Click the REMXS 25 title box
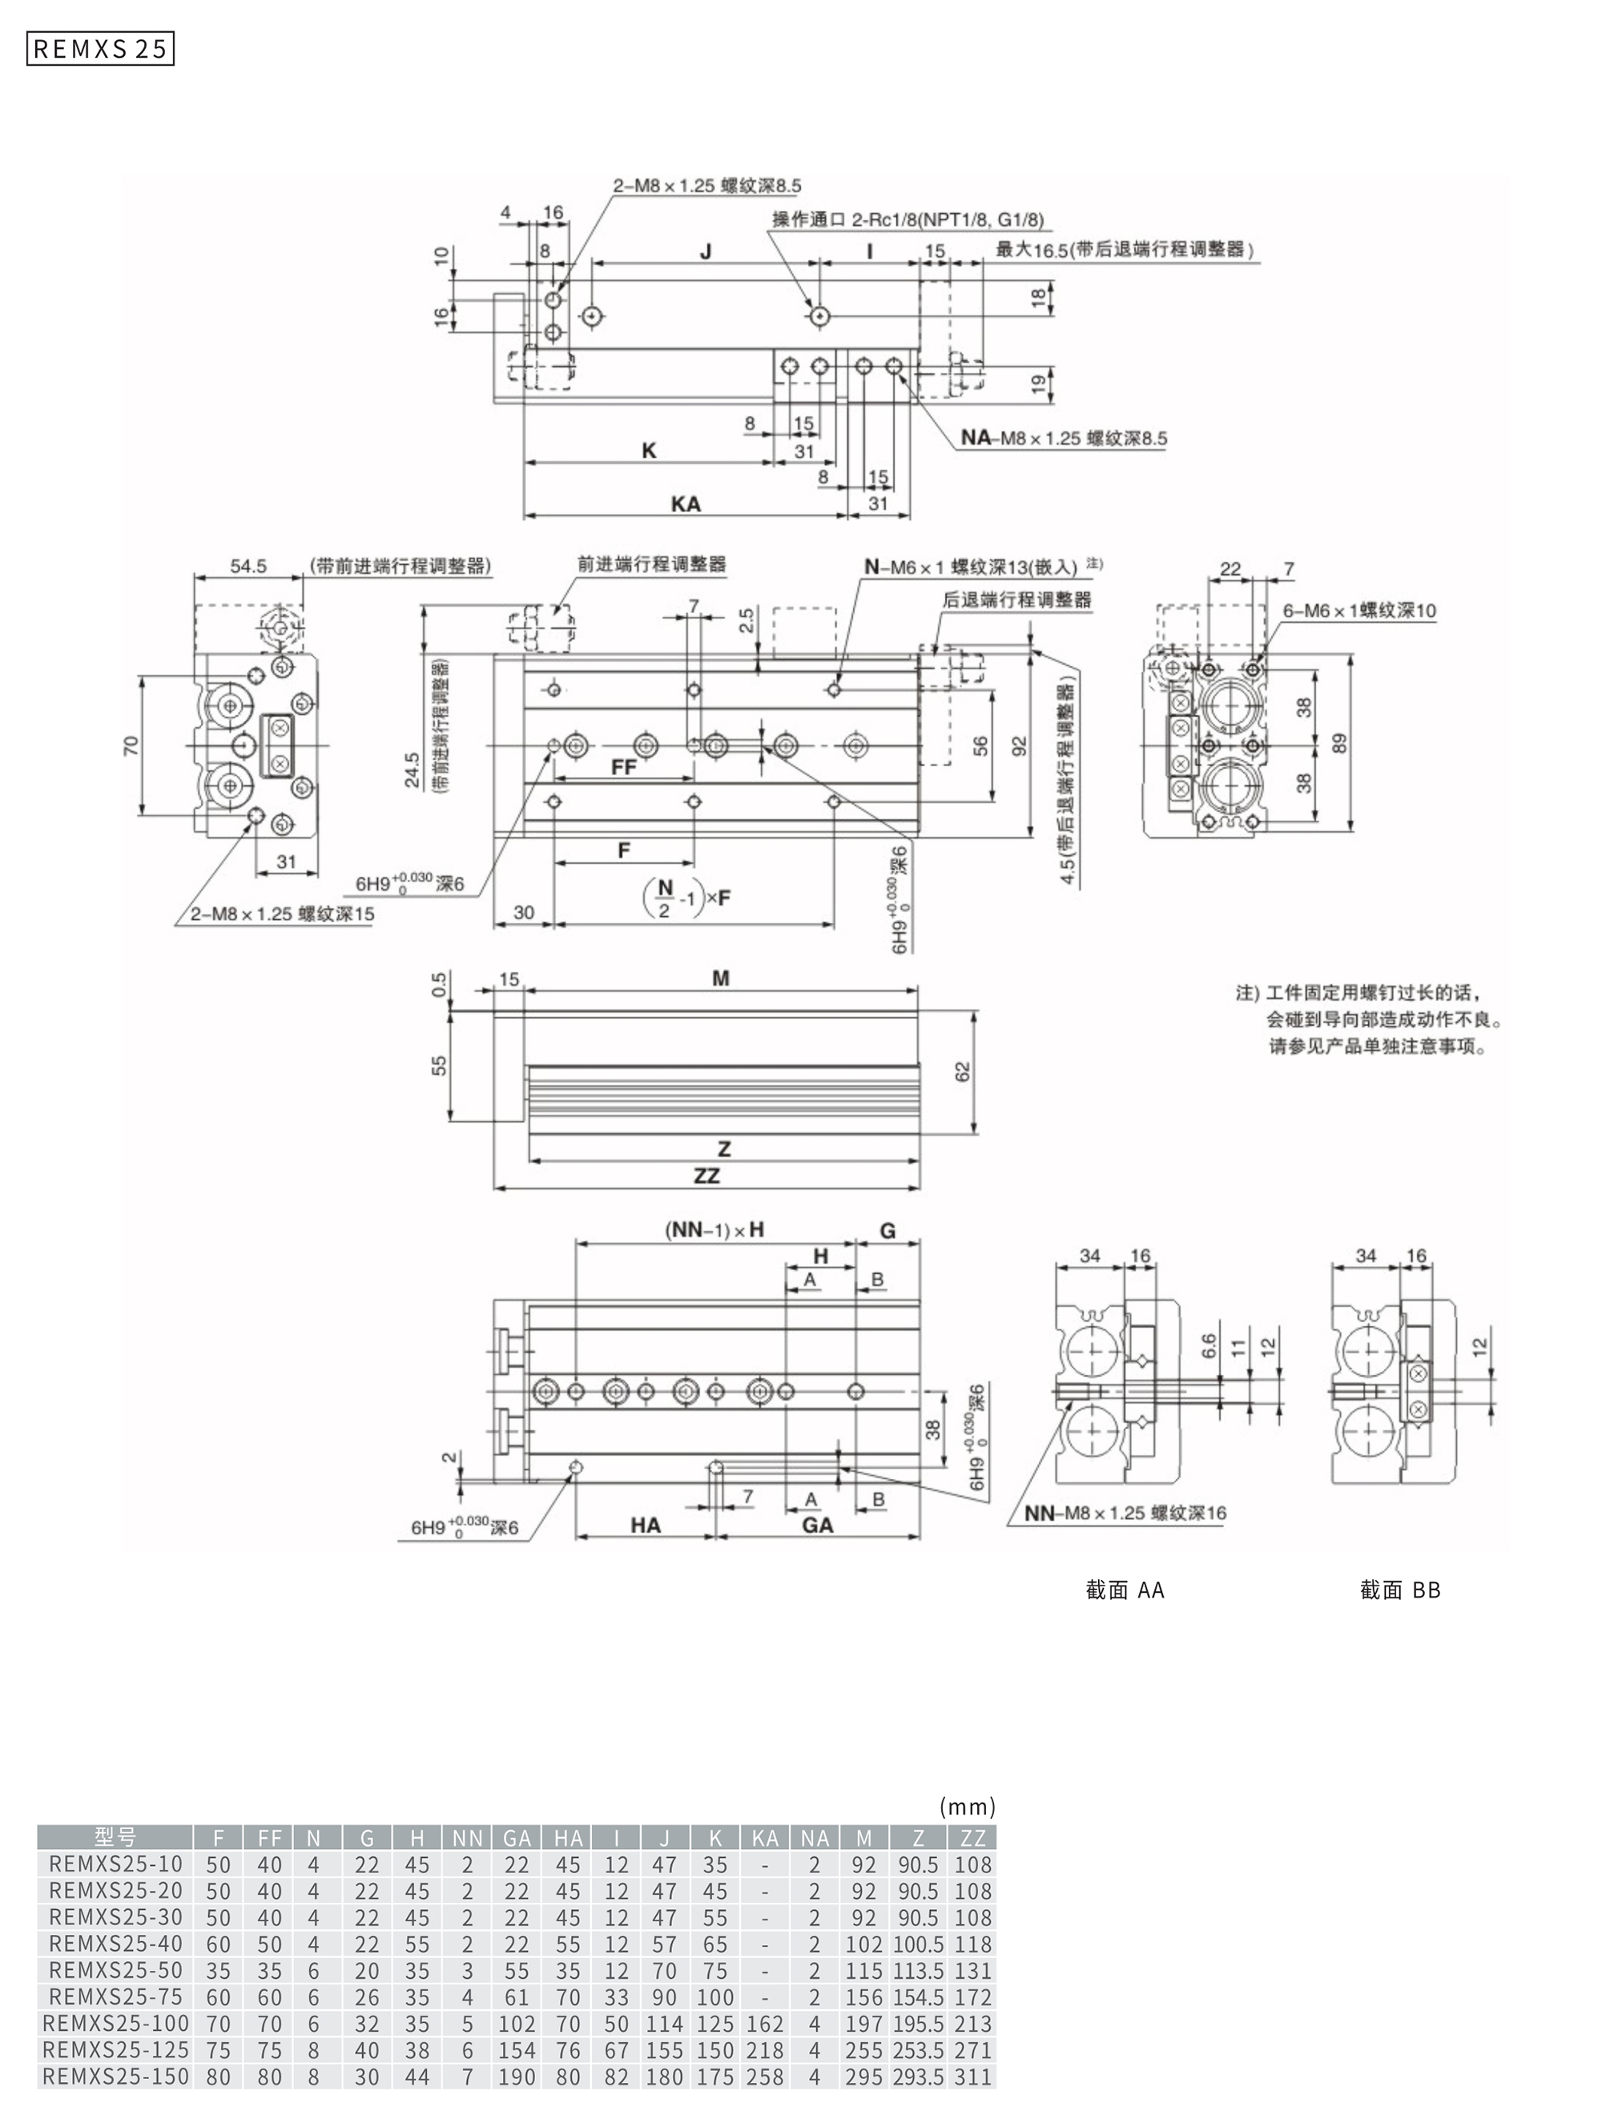(99, 49)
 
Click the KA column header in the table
(765, 1837)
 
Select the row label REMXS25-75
(115, 1997)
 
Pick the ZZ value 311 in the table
(972, 2077)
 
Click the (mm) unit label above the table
(968, 1807)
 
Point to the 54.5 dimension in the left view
(248, 566)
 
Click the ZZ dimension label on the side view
(706, 1176)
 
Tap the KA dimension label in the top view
(685, 504)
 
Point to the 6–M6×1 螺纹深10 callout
(1359, 611)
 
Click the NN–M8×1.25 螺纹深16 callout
(1125, 1513)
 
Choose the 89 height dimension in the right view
(1339, 743)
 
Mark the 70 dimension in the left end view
(131, 746)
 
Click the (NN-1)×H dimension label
(714, 1230)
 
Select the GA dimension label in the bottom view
(817, 1525)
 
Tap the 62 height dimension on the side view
(963, 1071)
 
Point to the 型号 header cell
(115, 1837)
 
